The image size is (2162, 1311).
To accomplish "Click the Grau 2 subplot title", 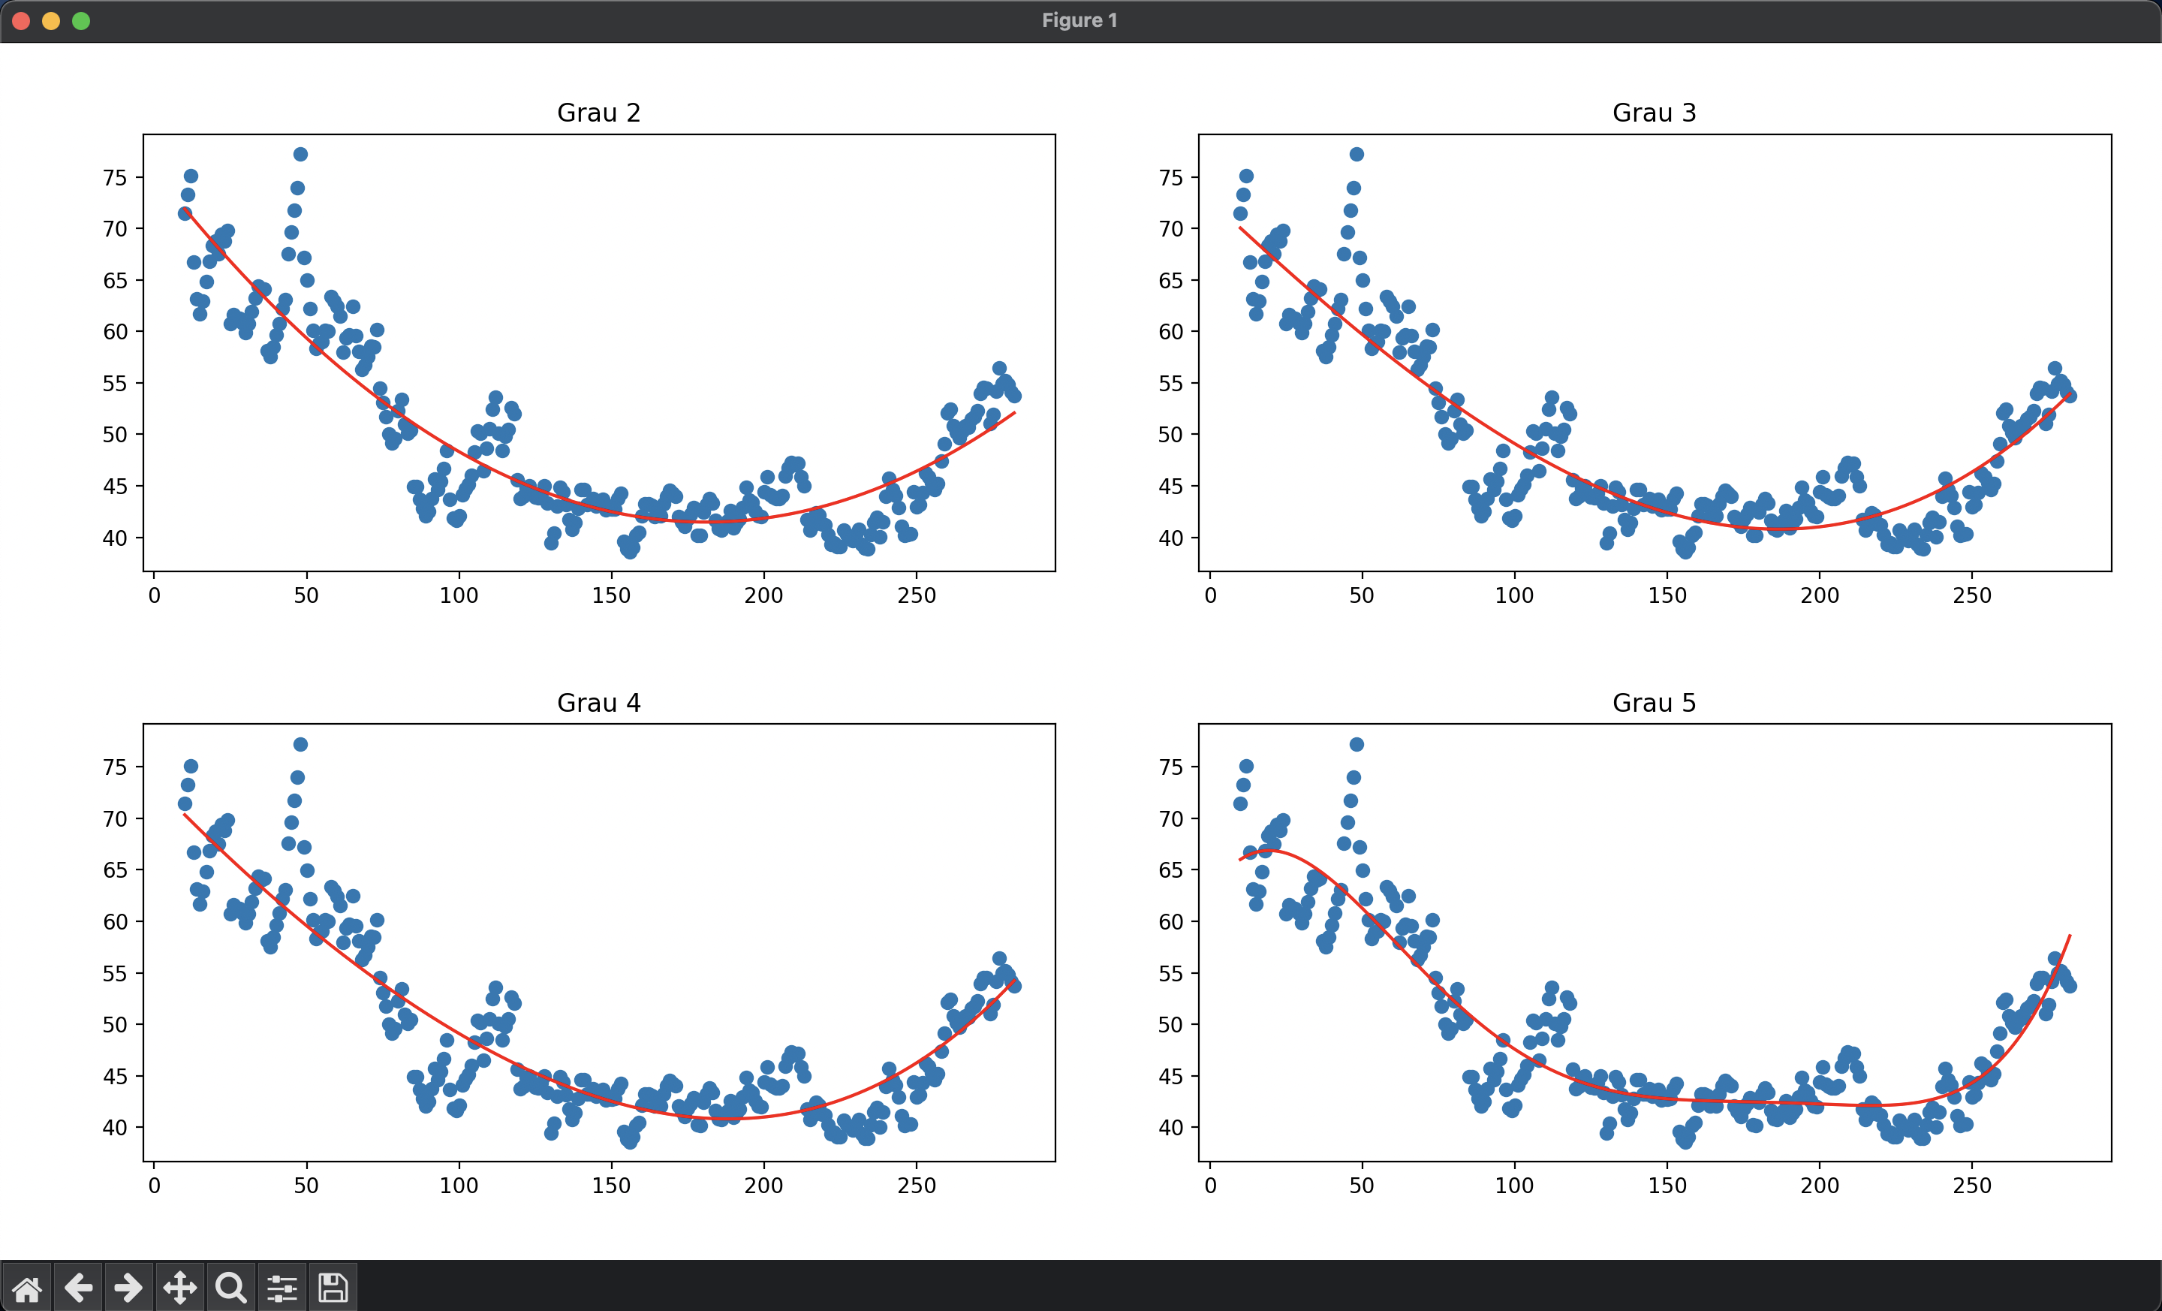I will click(x=598, y=113).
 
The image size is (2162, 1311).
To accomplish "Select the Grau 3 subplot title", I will click(x=1654, y=113).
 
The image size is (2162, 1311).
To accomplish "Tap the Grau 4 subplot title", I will click(x=598, y=703).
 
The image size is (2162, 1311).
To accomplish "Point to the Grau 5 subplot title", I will click(x=1654, y=703).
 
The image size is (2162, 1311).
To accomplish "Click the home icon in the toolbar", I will click(x=26, y=1288).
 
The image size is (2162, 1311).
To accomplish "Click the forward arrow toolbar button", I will click(x=128, y=1288).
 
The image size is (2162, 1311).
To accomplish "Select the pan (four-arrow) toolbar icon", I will click(x=180, y=1288).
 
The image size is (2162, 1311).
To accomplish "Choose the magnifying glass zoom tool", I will click(x=230, y=1288).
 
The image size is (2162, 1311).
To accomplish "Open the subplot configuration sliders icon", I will click(x=282, y=1288).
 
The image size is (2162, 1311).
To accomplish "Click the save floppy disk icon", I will click(x=333, y=1288).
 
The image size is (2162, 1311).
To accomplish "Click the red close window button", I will click(x=22, y=21).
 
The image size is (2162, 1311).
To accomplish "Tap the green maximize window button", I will click(x=81, y=21).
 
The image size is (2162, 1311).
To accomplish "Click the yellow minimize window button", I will click(x=51, y=21).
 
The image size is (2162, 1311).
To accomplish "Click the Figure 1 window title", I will click(x=1079, y=20).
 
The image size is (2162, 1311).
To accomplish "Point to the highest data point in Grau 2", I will click(x=300, y=155).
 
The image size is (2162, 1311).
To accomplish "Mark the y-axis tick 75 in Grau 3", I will click(x=1170, y=178).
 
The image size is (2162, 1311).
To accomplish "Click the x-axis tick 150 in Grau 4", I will click(x=611, y=1186).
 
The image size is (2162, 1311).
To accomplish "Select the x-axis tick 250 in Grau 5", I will click(x=1971, y=1186).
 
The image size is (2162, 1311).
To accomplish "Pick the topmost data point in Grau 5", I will click(x=1357, y=744).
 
